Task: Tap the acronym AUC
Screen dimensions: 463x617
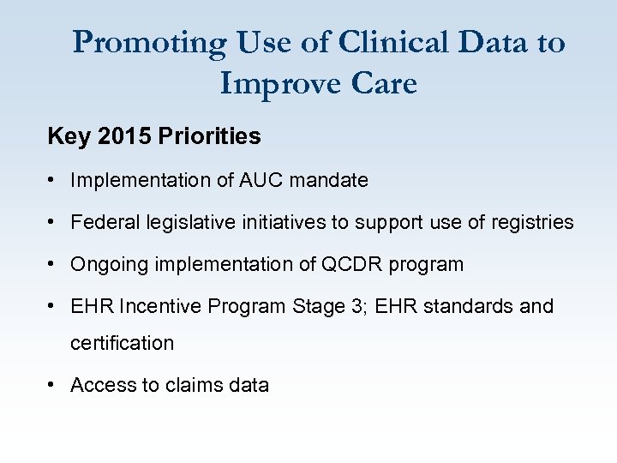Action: tap(257, 180)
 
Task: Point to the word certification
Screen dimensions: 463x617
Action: tap(122, 343)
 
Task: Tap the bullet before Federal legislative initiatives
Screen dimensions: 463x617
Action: tap(53, 222)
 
